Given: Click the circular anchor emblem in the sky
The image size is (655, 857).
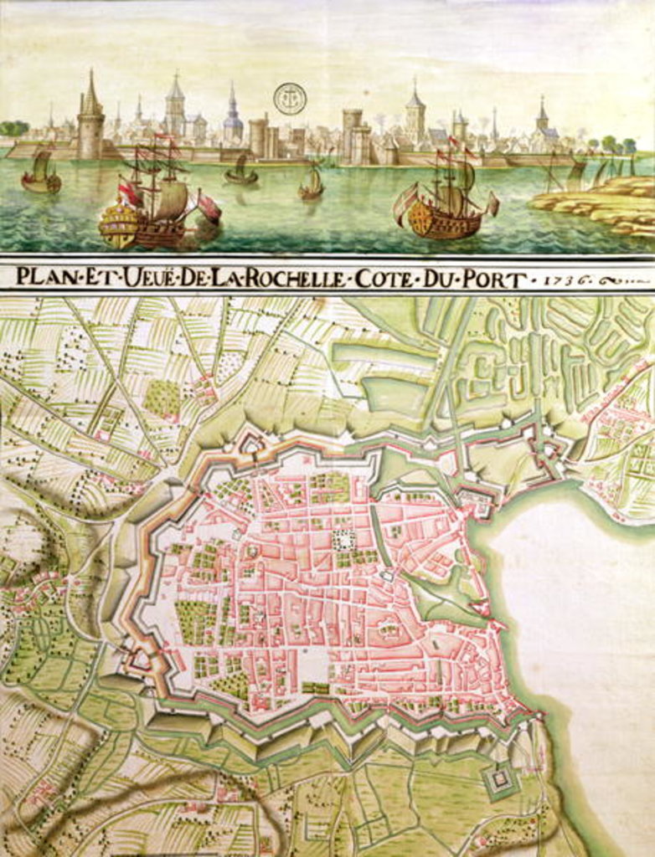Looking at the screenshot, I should [x=290, y=99].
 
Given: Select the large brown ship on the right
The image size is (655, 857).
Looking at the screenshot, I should [x=444, y=209].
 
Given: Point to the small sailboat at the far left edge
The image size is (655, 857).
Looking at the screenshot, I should [x=41, y=174].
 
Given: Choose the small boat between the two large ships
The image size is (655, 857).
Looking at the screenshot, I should [x=312, y=186].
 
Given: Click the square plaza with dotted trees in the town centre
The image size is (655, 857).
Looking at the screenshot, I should [x=343, y=541].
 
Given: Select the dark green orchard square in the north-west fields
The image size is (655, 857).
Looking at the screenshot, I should [x=162, y=398].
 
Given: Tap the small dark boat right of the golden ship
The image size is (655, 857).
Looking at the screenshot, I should [x=240, y=173].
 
